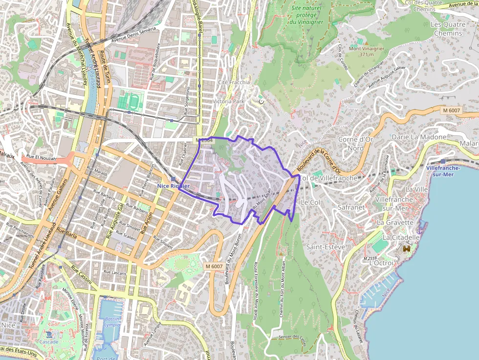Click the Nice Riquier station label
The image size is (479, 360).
tap(173, 186)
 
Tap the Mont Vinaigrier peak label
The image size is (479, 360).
tap(366, 51)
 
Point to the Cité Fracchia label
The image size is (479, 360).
tap(234, 82)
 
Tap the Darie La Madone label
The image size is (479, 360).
tap(419, 137)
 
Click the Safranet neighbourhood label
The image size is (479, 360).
tap(351, 207)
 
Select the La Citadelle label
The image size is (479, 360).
tap(401, 237)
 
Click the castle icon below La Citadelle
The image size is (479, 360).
tap(406, 249)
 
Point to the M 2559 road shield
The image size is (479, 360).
tap(370, 257)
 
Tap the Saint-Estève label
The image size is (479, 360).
tap(326, 247)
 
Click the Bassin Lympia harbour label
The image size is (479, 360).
tap(112, 322)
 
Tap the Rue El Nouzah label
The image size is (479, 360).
tap(41, 159)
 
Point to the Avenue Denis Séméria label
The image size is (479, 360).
tap(133, 35)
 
